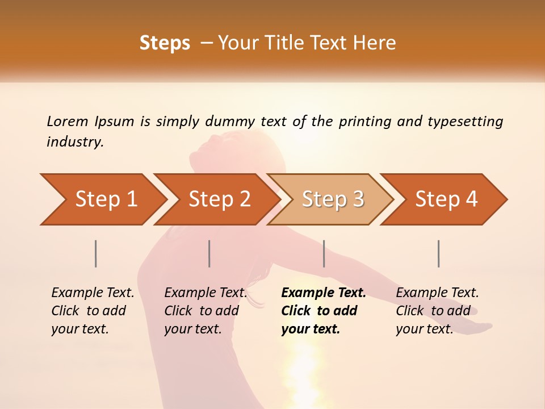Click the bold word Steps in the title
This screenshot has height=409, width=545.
tap(165, 43)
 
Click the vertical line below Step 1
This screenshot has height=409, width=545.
tap(96, 253)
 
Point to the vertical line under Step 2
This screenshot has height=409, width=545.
tap(209, 253)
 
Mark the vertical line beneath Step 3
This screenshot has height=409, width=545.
tap(324, 253)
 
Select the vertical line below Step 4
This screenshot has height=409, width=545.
tap(439, 253)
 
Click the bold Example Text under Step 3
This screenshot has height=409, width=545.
tap(324, 311)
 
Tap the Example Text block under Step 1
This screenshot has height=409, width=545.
tap(93, 311)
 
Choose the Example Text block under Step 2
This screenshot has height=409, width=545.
tap(206, 311)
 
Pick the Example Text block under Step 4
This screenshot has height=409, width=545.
tap(437, 311)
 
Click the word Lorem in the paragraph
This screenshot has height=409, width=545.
tap(68, 121)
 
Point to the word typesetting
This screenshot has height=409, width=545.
tap(465, 122)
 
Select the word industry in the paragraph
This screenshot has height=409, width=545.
tap(75, 142)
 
